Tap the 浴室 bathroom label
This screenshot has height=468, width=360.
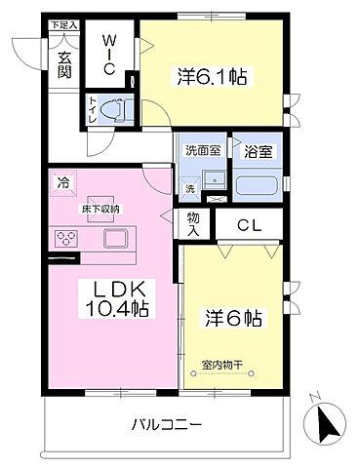pos(255,150)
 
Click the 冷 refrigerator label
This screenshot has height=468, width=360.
pos(62,182)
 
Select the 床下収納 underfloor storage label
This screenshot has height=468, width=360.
pos(100,208)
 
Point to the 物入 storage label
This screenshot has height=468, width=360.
pos(192,225)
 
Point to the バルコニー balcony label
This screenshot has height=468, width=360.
pos(167,425)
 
